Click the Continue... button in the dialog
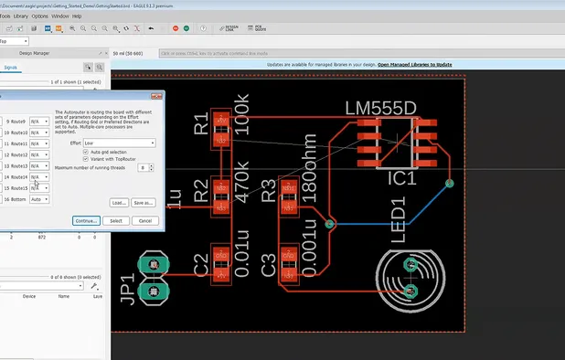pos(85,220)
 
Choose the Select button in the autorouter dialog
pos(115,220)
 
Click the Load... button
pos(118,202)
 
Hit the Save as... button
pos(143,202)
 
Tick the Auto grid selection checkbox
pos(86,152)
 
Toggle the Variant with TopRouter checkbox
pos(86,159)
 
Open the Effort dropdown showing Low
pos(119,143)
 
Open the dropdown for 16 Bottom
pos(38,199)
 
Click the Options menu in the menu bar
pos(39,16)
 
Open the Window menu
pos(59,16)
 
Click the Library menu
pos(20,16)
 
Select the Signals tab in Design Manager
pos(12,67)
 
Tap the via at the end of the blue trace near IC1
pos(448,184)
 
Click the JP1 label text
pos(127,288)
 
